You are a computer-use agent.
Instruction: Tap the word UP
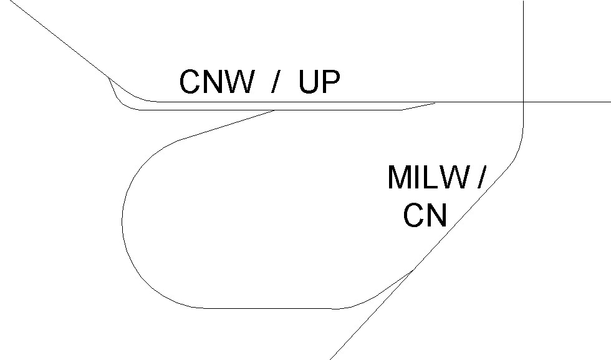(319, 82)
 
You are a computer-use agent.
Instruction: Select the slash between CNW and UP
(275, 82)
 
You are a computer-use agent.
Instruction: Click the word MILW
(427, 178)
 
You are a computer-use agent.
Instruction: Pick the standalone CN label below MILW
(425, 216)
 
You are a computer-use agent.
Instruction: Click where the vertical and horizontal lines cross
(522, 102)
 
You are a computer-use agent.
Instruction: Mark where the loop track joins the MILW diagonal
(414, 270)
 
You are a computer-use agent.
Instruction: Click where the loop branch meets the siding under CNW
(276, 110)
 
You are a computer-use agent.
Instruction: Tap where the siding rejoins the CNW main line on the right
(435, 102)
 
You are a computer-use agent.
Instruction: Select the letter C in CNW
(190, 82)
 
